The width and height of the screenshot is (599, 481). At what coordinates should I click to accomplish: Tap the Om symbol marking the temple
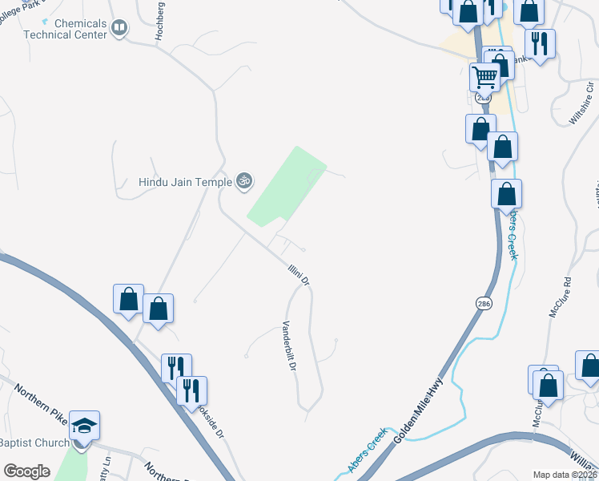point(245,182)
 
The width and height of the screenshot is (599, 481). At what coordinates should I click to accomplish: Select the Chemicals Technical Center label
point(65,29)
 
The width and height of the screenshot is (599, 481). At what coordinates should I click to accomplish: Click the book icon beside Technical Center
point(120,29)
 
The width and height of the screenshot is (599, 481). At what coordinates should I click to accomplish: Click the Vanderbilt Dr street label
point(289,346)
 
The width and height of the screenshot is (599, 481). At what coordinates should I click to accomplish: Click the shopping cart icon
point(484,76)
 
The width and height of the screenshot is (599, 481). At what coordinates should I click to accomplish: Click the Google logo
point(26,471)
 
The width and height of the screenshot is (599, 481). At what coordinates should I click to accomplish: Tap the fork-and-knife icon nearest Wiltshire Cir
point(539,43)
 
